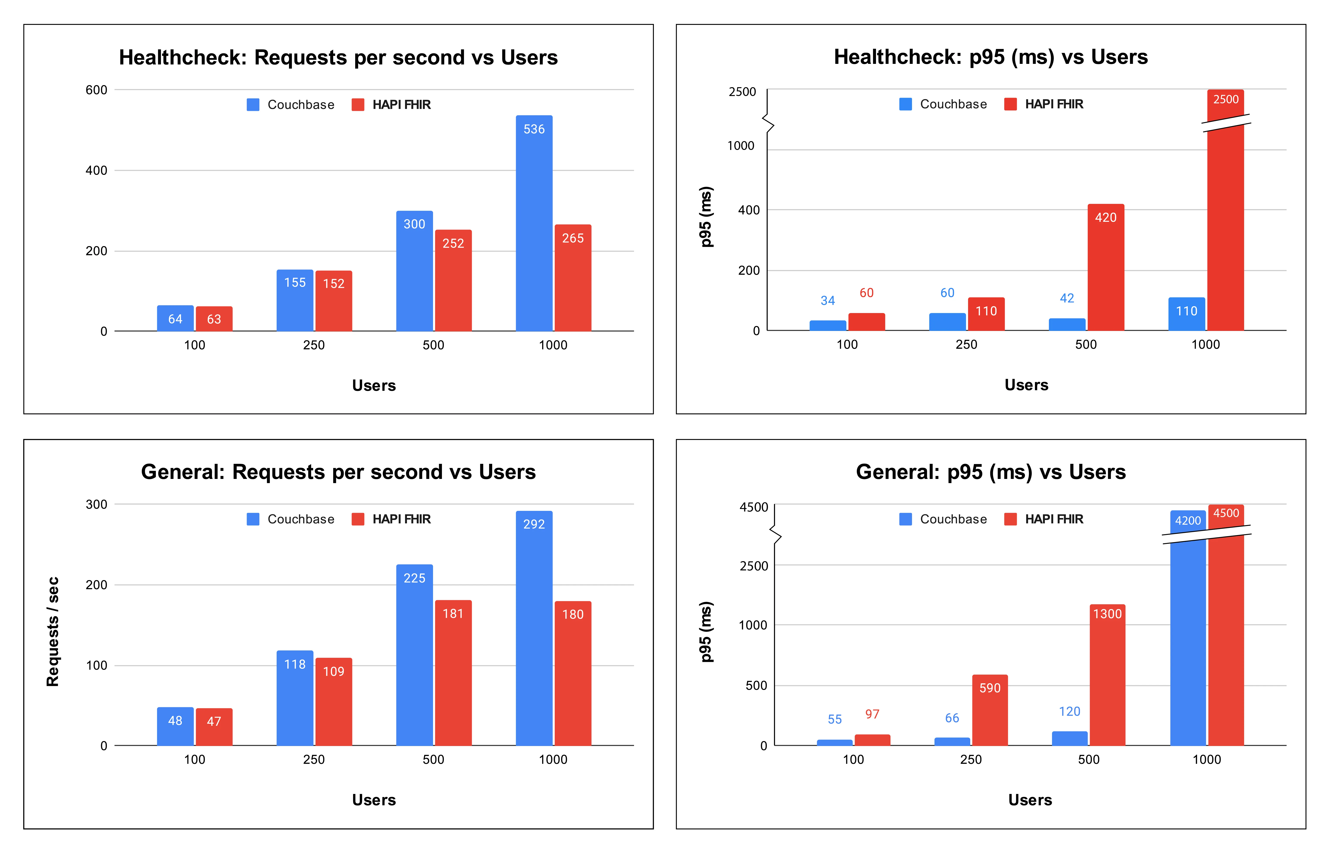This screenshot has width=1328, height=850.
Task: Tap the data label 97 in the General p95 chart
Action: [872, 714]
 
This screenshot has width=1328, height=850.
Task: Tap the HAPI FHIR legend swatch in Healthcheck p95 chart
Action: [1010, 104]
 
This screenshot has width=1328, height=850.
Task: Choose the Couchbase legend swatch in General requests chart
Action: [253, 519]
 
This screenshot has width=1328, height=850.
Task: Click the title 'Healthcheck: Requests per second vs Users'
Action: [338, 57]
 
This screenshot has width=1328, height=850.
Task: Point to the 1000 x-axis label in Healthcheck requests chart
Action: [553, 346]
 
